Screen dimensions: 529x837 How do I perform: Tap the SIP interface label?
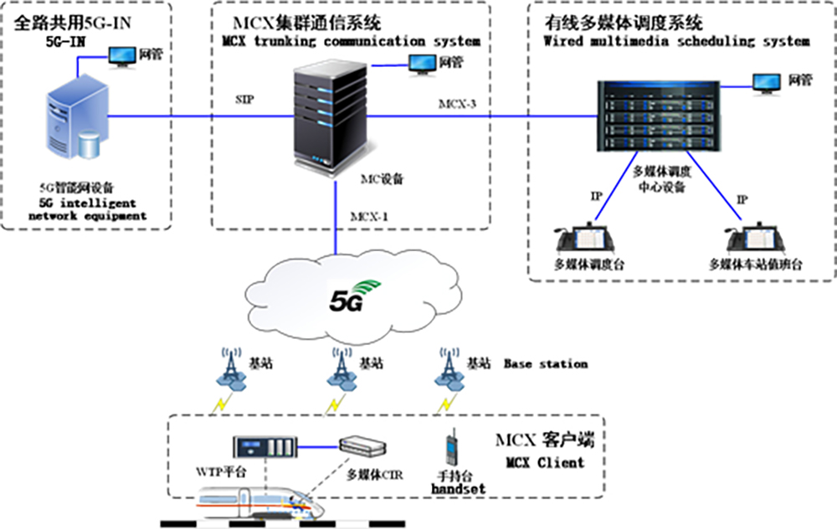click(245, 99)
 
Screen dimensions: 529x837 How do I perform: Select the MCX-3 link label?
click(458, 104)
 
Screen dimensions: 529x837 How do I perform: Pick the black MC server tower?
click(329, 116)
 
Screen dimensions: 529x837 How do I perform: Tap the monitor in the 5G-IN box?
click(123, 56)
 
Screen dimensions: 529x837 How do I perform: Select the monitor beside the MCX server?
click(421, 62)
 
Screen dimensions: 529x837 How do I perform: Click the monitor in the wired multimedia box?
click(765, 81)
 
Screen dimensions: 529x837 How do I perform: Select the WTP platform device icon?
click(264, 448)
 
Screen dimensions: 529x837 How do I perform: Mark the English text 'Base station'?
click(545, 364)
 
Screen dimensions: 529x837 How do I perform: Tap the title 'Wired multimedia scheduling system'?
click(676, 40)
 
